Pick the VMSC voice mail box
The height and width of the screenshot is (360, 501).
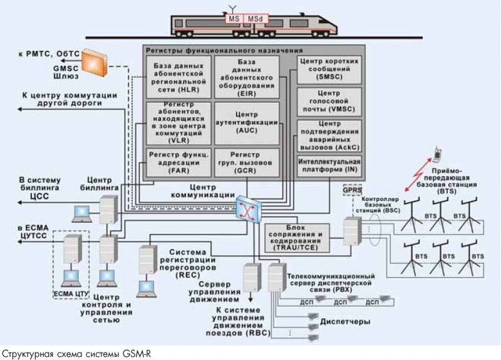tap(329, 101)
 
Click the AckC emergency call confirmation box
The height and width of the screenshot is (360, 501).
tap(329, 135)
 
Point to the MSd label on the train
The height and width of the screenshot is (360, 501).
tap(255, 18)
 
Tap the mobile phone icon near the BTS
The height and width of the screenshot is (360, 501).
tap(439, 152)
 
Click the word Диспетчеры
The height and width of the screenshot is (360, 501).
tap(344, 321)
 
